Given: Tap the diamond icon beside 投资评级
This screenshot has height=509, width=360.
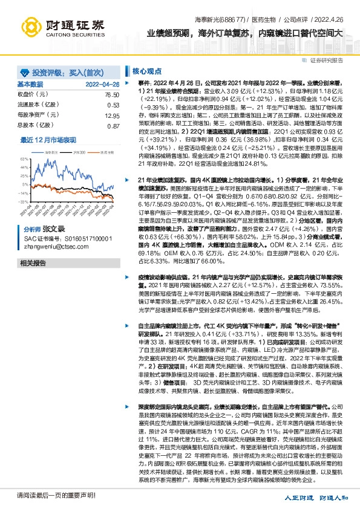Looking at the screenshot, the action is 24,71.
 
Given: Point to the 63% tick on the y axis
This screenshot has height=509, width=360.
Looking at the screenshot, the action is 24,157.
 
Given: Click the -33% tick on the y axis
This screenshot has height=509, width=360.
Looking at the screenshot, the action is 24,201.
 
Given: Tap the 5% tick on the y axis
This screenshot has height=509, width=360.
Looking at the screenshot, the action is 25,183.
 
